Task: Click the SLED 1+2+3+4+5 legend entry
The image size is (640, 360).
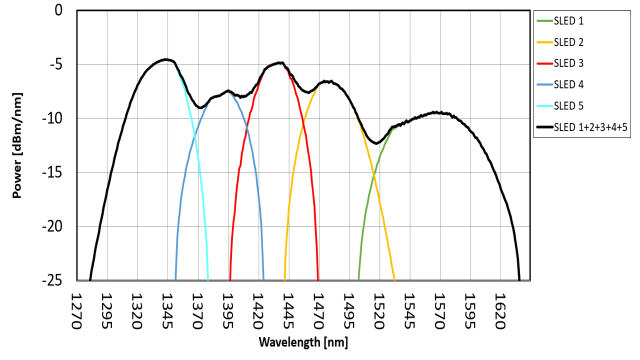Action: coord(590,127)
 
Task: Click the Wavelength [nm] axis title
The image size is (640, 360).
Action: coord(303,342)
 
